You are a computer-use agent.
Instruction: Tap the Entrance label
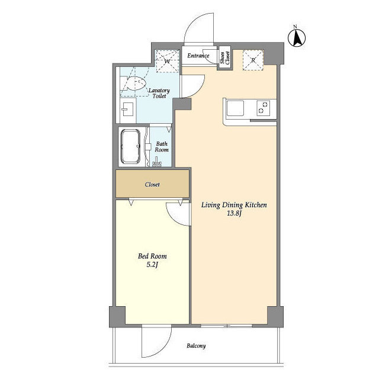[x=198, y=56]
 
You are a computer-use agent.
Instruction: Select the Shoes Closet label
[x=224, y=58]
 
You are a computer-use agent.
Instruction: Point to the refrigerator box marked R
[x=253, y=60]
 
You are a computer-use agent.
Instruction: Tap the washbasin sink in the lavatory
[x=127, y=110]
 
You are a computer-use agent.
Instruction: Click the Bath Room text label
[x=162, y=147]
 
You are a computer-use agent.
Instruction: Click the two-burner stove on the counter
[x=262, y=108]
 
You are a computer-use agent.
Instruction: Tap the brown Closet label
[x=153, y=184]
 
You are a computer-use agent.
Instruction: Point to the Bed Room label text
[x=152, y=256]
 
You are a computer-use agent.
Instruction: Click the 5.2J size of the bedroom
[x=152, y=265]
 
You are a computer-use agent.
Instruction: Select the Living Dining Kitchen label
[x=235, y=205]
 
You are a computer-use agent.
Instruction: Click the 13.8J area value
[x=235, y=214]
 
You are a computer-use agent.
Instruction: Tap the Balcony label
[x=196, y=346]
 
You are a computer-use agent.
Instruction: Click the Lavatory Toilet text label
[x=160, y=93]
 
